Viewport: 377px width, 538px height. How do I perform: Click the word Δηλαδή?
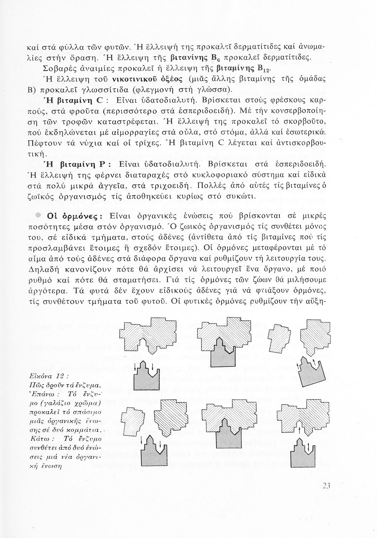click(44, 270)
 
